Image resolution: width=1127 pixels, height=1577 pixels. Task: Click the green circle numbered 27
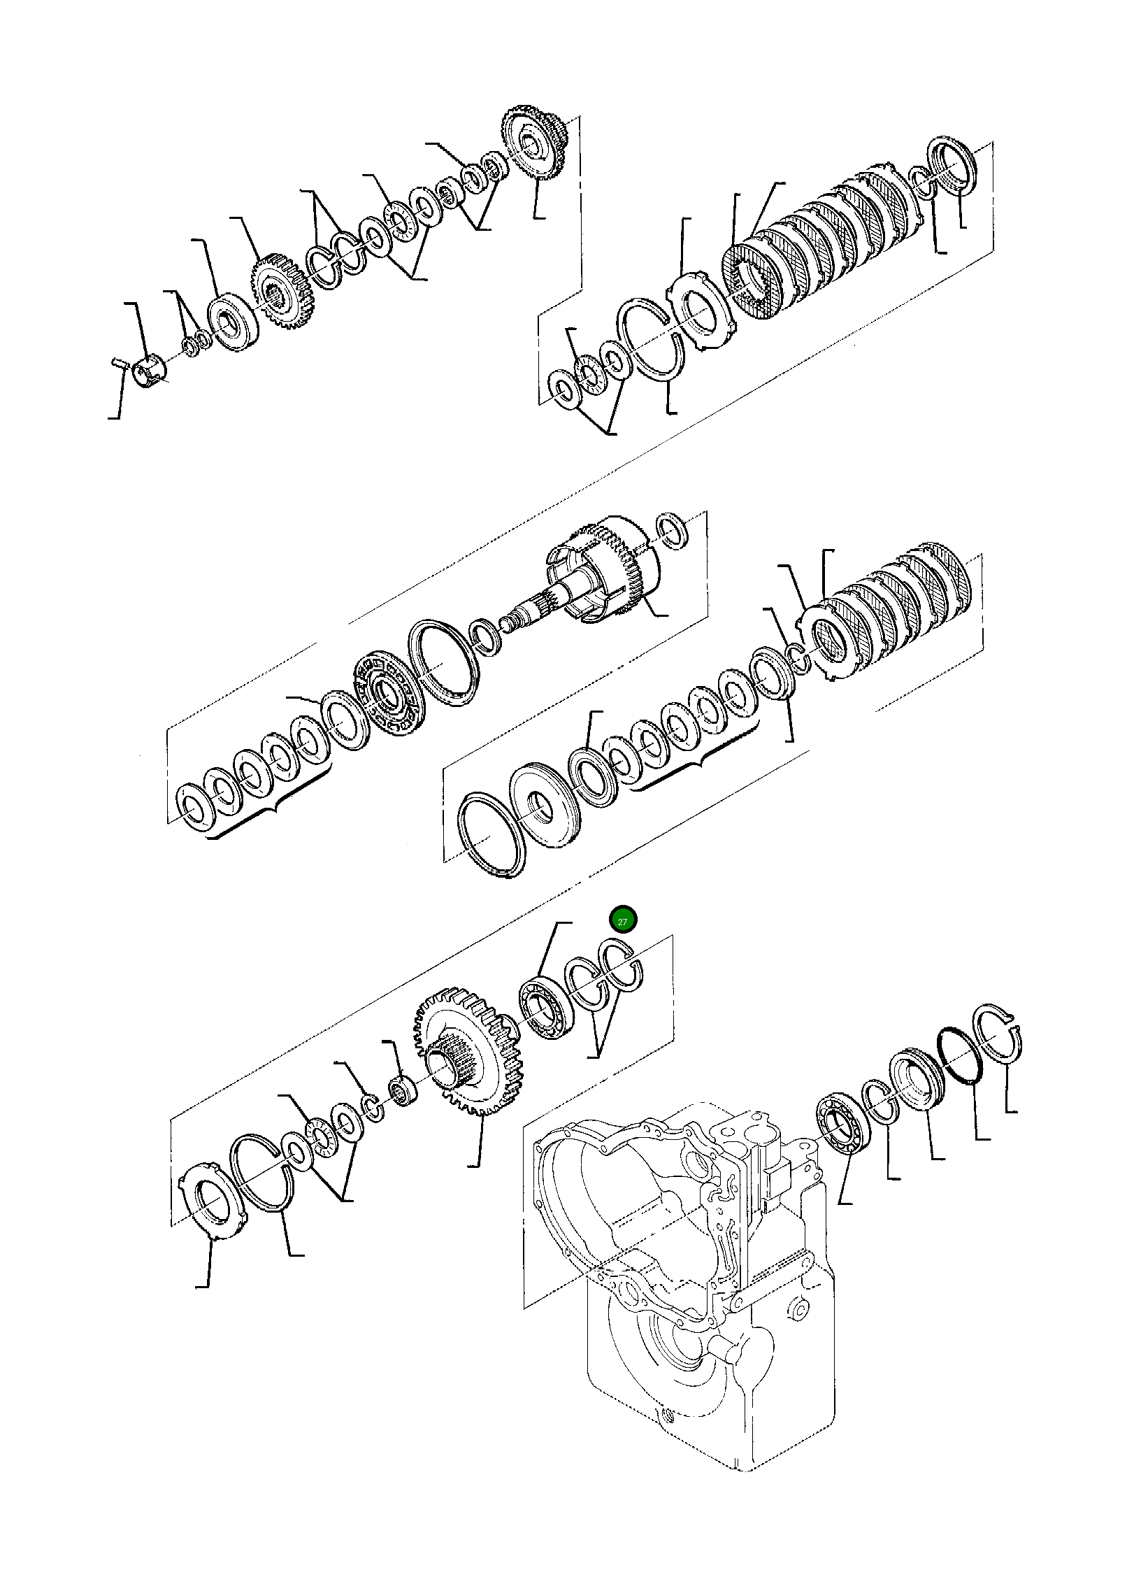click(x=622, y=920)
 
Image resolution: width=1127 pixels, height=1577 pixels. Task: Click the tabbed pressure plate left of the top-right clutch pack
click(x=701, y=306)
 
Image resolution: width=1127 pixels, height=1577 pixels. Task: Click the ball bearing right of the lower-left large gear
click(x=547, y=1008)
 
